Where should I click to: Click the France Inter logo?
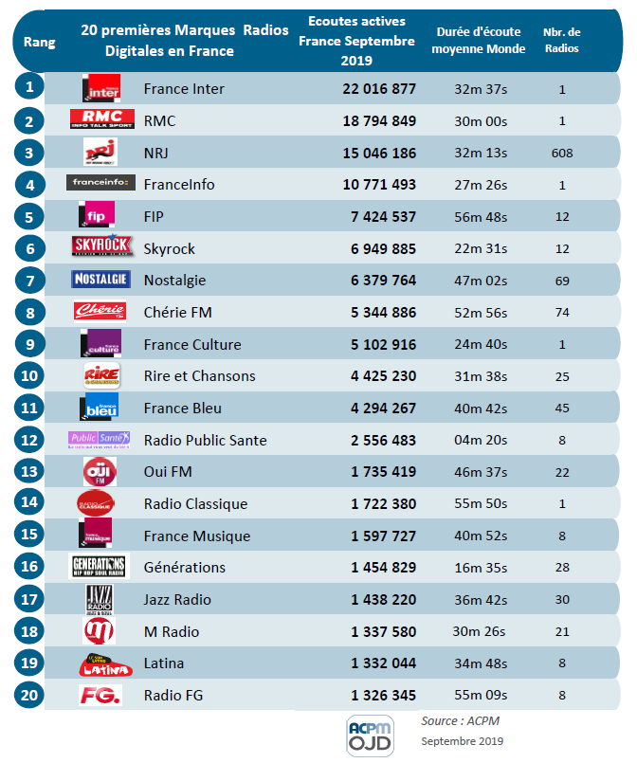click(100, 89)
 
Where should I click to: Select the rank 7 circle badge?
click(30, 281)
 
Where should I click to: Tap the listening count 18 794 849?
click(379, 121)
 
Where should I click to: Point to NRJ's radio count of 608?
click(562, 153)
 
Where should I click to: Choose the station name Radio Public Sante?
click(205, 440)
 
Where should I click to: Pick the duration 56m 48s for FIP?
click(481, 217)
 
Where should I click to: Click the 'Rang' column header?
click(39, 42)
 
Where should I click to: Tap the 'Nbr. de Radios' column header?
click(562, 41)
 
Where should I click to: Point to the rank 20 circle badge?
click(30, 695)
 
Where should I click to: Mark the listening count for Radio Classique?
click(383, 503)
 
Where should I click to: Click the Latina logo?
click(99, 663)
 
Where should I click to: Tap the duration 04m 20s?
click(481, 440)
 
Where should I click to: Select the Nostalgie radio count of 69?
click(562, 281)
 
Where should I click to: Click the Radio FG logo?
click(99, 695)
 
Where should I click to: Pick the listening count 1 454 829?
click(383, 567)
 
